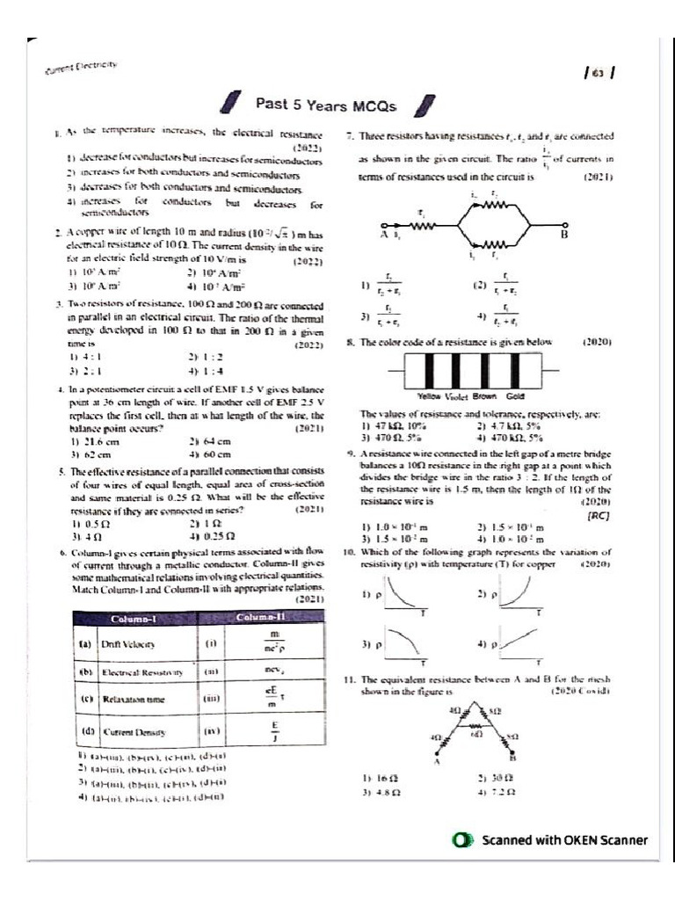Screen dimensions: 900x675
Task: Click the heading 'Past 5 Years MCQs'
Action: click(326, 104)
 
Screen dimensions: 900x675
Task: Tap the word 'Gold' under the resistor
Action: click(515, 396)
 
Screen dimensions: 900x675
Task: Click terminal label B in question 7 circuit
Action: click(564, 236)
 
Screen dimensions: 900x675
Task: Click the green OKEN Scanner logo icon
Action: click(458, 840)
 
